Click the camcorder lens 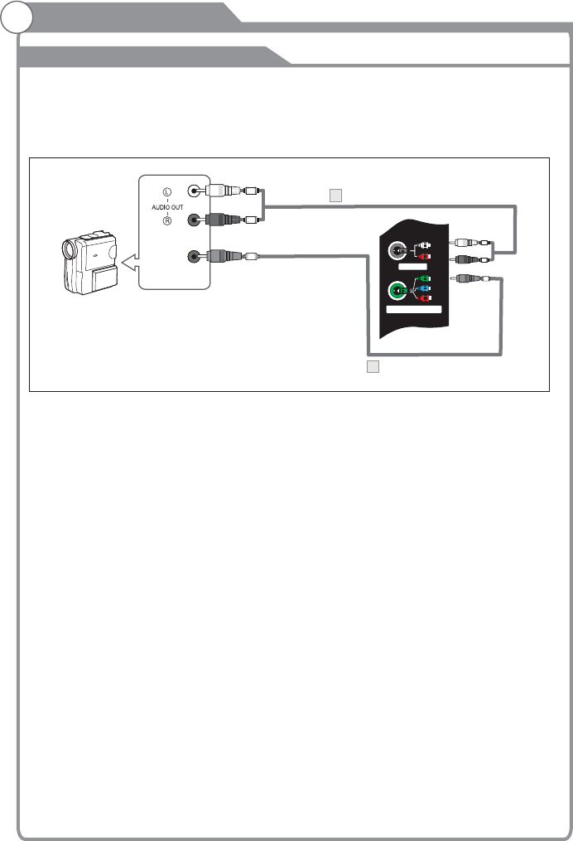[x=69, y=247]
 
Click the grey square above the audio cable [x=335, y=196]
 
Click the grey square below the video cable [x=373, y=367]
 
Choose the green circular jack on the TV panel [x=398, y=290]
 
